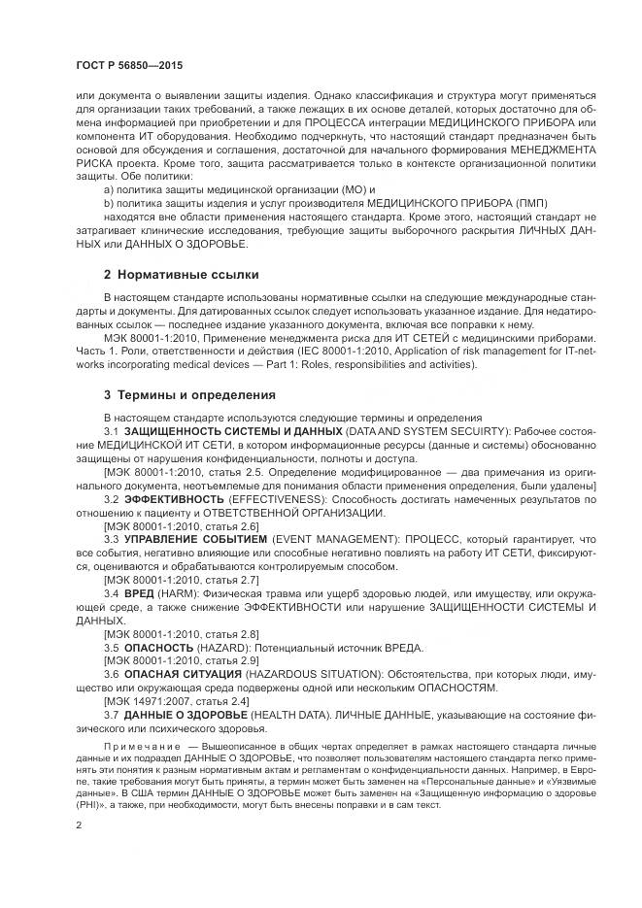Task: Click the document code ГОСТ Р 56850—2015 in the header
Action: point(128,65)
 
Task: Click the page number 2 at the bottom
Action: point(78,824)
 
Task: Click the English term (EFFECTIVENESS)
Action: point(275,498)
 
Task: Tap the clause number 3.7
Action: point(111,714)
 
